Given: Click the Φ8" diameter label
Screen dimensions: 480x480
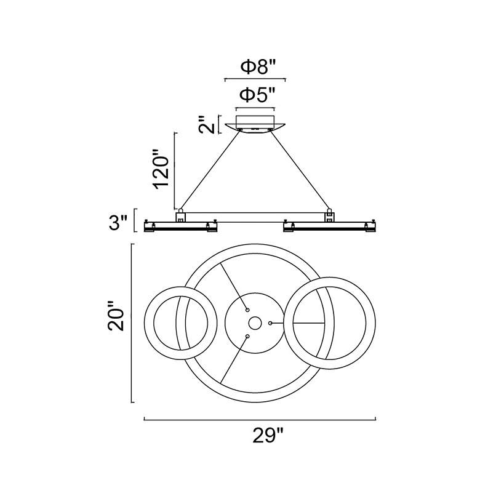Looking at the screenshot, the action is coord(258,66).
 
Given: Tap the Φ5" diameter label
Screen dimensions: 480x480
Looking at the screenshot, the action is coord(257,95).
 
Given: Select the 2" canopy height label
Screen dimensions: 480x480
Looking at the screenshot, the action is coord(207,124).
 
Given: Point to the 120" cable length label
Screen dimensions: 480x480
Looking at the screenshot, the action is coord(161,169).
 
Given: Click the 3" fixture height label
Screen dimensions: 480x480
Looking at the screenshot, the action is coord(118,223).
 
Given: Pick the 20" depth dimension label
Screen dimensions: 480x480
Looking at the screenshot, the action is coord(116,316).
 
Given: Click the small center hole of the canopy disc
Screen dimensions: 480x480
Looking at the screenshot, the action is coord(255,323).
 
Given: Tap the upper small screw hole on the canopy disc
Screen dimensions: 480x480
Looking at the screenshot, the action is coord(247,310).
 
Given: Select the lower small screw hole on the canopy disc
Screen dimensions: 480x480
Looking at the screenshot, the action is coord(247,337).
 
